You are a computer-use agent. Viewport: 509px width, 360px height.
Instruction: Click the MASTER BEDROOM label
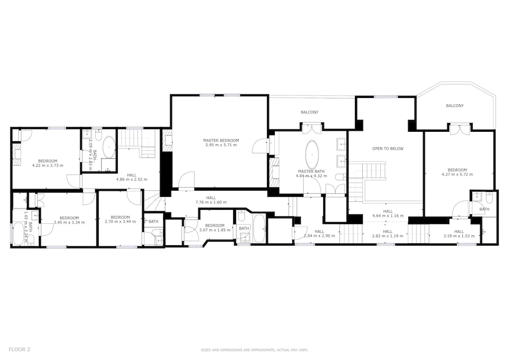[x=221, y=140]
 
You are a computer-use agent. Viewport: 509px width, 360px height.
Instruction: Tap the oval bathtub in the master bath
[x=312, y=154]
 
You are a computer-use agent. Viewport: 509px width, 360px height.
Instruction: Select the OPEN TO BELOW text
[x=388, y=149]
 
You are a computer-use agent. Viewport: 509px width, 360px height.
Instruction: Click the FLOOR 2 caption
[x=19, y=350]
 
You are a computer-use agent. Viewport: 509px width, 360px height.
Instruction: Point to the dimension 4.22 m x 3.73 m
[x=47, y=166]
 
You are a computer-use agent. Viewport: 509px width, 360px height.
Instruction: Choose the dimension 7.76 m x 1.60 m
[x=211, y=202]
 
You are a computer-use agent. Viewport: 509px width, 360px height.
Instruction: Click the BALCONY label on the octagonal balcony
[x=454, y=106]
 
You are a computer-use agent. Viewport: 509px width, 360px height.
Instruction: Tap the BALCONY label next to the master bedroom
[x=309, y=112]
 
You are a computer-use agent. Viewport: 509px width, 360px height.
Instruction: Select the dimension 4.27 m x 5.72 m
[x=457, y=175]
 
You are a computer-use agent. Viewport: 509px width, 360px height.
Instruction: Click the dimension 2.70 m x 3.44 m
[x=120, y=222]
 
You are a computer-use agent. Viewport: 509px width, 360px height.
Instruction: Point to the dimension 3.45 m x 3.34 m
[x=69, y=222]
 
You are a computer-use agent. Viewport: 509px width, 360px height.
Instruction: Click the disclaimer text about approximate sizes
[x=254, y=350]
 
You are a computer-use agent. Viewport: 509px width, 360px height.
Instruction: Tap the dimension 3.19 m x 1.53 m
[x=459, y=236]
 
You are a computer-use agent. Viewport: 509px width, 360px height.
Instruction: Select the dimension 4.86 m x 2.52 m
[x=132, y=180]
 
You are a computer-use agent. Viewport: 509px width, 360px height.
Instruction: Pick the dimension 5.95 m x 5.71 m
[x=221, y=145]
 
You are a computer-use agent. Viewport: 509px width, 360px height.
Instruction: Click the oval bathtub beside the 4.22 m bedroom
[x=108, y=147]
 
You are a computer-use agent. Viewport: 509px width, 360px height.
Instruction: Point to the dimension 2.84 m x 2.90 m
[x=319, y=236]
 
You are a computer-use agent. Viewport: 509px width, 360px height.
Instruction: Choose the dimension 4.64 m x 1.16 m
[x=388, y=216]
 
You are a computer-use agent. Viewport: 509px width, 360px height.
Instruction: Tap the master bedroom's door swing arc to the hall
[x=187, y=179]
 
